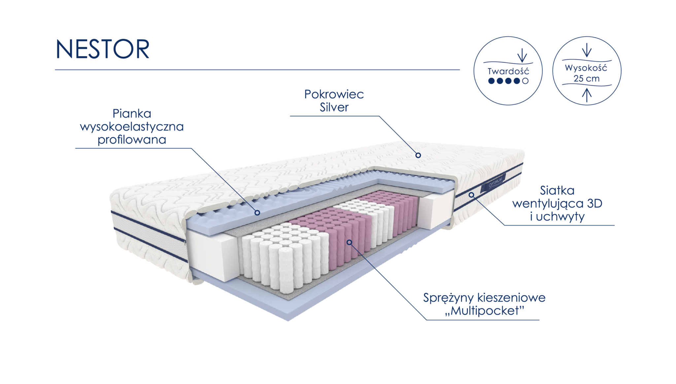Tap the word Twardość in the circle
click(508, 71)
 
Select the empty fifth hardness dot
click(526, 80)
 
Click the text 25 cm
click(586, 79)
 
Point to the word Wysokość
click(586, 68)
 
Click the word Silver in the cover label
click(334, 107)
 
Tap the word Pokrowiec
click(334, 94)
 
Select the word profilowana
click(132, 140)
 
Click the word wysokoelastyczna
click(132, 127)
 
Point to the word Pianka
click(132, 114)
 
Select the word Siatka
click(557, 190)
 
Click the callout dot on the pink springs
click(349, 242)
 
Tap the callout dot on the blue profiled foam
click(257, 213)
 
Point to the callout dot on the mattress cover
click(418, 155)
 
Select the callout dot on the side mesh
click(471, 195)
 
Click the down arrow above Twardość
click(522, 55)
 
